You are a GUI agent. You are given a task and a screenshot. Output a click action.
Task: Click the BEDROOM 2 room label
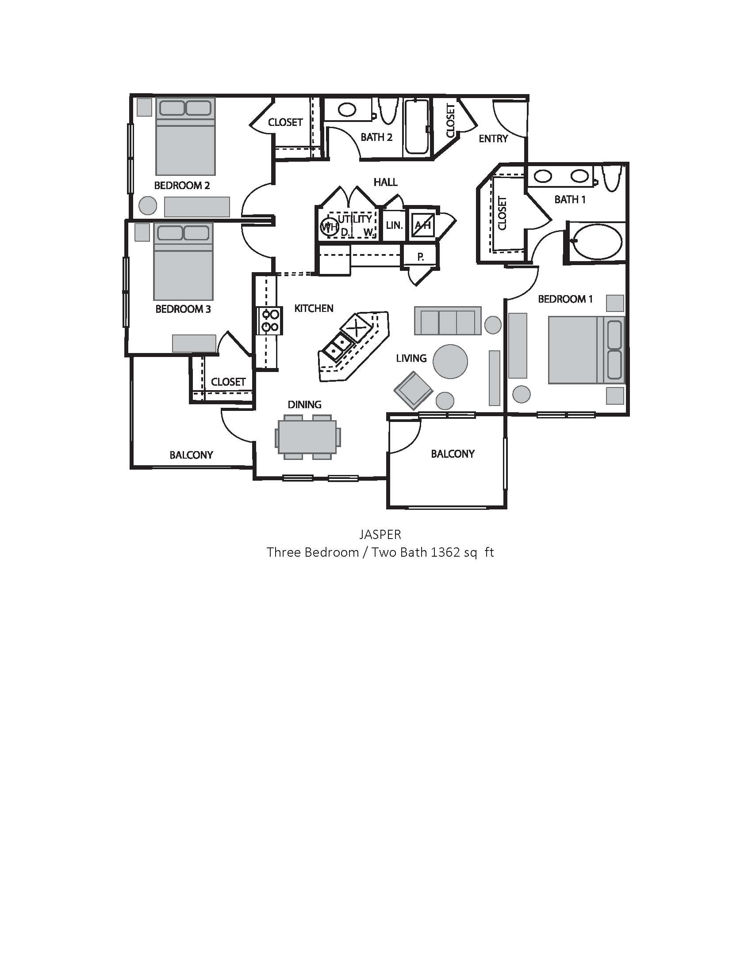coord(182,186)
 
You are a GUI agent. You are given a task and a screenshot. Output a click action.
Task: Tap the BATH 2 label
coord(376,137)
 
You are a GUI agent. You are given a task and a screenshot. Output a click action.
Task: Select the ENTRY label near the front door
coord(493,139)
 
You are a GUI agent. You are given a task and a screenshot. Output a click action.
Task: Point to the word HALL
coord(385,182)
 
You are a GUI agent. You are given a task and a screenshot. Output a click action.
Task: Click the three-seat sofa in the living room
coord(448,321)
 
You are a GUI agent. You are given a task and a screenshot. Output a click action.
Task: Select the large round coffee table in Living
coord(450,361)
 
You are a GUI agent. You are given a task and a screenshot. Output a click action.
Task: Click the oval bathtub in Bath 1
coord(597,242)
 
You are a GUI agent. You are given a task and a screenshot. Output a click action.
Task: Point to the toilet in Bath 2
coord(388,111)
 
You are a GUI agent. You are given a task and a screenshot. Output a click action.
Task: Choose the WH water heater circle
coord(329,227)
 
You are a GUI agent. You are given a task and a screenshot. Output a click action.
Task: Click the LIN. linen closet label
coord(394,225)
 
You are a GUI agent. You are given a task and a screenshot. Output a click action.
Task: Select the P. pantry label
coord(421,257)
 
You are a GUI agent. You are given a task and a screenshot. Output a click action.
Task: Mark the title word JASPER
coord(380,534)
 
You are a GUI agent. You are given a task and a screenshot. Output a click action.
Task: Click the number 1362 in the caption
coord(445,552)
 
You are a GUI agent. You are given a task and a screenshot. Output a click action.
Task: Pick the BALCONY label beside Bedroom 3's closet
coord(191,455)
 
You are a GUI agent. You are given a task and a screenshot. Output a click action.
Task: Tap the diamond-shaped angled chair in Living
coord(414,390)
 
